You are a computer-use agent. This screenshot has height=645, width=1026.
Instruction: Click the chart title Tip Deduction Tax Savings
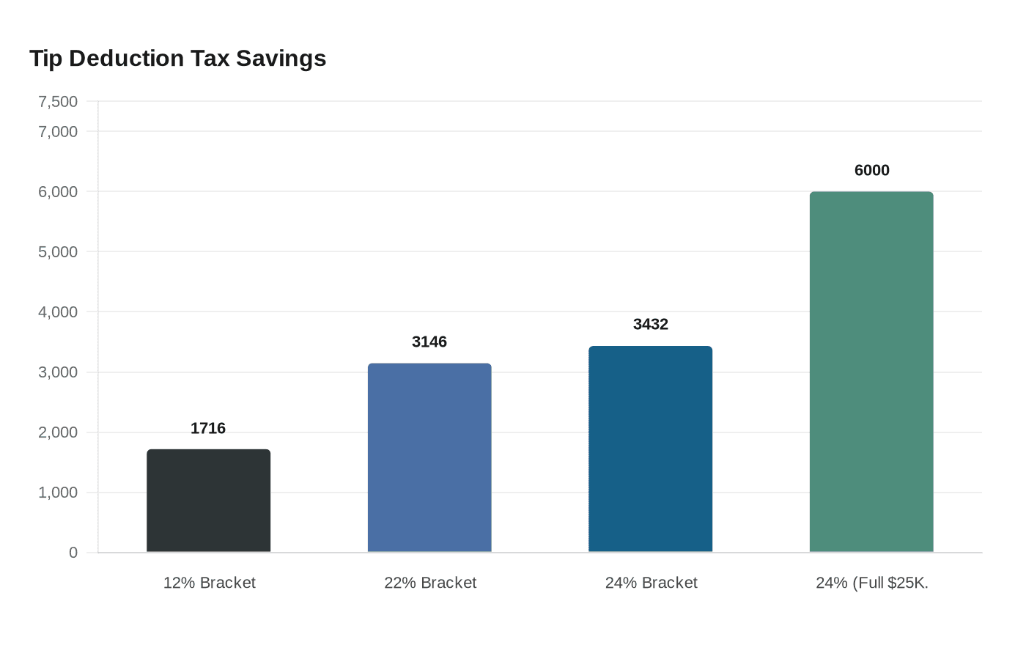(x=177, y=59)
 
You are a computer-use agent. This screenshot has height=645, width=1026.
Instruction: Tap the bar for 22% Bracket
(x=429, y=457)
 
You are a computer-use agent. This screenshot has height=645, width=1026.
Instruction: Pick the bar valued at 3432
(x=650, y=449)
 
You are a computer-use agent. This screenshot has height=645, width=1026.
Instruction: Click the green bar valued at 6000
(x=871, y=372)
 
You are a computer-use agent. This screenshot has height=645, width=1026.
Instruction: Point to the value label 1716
(x=208, y=428)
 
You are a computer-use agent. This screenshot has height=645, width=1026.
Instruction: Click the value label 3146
(x=429, y=342)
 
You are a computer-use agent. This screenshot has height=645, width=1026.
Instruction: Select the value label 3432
(x=650, y=324)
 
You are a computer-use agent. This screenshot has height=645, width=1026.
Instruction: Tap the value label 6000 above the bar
(x=871, y=170)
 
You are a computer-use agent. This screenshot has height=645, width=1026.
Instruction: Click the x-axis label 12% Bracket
(x=209, y=583)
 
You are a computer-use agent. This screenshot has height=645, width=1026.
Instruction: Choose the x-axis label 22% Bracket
(x=430, y=583)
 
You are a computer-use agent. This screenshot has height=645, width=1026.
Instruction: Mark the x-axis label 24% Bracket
(x=651, y=583)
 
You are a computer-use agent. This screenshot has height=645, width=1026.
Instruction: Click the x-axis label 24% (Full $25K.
(x=871, y=583)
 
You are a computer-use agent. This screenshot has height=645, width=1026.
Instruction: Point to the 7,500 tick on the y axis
(x=58, y=102)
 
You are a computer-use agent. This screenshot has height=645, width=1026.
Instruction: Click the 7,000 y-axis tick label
(x=58, y=132)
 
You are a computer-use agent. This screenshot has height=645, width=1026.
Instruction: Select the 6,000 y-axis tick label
(x=58, y=192)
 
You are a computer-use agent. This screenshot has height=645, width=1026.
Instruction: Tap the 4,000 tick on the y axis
(x=58, y=312)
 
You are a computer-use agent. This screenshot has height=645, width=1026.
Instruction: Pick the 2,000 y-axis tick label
(x=58, y=432)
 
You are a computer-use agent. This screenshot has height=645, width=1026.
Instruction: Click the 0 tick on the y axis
(x=73, y=553)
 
